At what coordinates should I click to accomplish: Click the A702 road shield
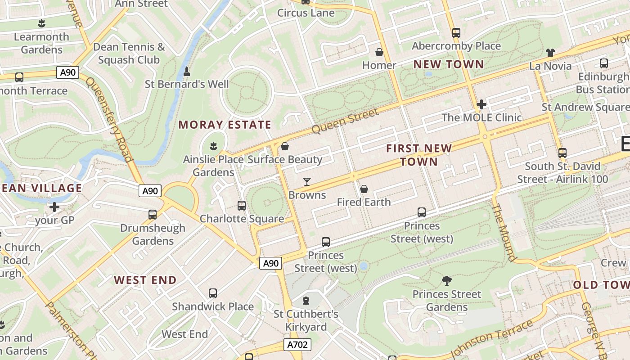(x=298, y=345)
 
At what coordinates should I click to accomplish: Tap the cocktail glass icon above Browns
(x=307, y=181)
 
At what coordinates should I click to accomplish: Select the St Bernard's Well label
(x=187, y=84)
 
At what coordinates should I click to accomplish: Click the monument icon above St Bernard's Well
(x=187, y=71)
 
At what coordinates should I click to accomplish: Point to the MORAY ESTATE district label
(x=225, y=125)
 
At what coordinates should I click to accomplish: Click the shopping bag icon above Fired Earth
(x=364, y=189)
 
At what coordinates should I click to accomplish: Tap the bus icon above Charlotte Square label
(x=242, y=206)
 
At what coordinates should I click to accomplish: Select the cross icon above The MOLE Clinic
(x=481, y=104)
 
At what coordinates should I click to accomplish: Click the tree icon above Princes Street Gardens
(x=447, y=281)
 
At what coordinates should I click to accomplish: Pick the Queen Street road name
(x=345, y=121)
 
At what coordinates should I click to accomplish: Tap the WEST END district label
(x=145, y=280)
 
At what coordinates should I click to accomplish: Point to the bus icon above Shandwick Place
(x=213, y=293)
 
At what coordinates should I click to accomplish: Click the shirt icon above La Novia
(x=550, y=53)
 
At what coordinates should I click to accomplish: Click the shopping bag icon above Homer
(x=379, y=52)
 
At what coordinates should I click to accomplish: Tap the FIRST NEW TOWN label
(x=418, y=155)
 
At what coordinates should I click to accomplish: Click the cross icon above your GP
(x=54, y=207)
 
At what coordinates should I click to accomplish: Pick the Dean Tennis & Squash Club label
(x=129, y=53)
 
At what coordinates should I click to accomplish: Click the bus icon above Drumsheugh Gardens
(x=153, y=214)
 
